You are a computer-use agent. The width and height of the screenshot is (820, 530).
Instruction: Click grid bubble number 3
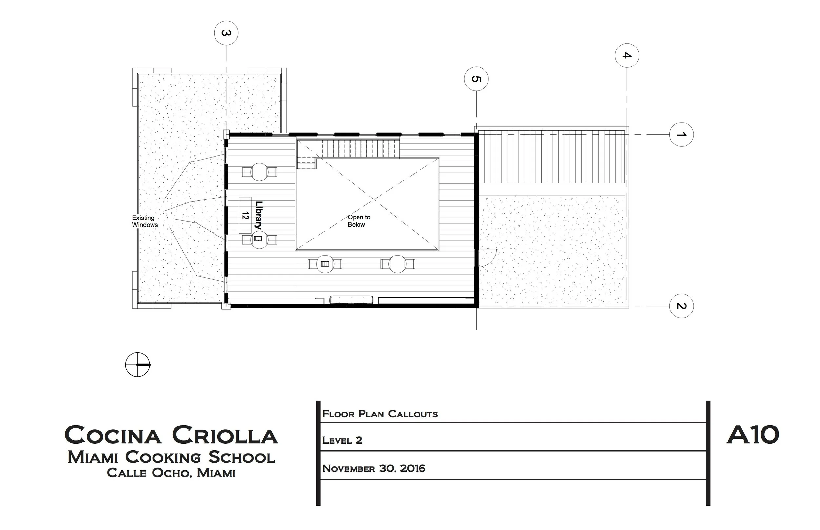[x=226, y=33]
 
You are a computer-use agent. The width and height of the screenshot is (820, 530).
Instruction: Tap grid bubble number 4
[x=627, y=55]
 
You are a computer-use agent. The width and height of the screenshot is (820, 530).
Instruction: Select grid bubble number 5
[x=476, y=79]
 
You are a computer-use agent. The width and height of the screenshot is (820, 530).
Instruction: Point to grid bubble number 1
[x=681, y=134]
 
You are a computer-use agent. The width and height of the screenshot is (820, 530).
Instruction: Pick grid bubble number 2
[x=681, y=306]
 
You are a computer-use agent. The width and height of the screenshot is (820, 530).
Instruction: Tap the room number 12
[x=245, y=216]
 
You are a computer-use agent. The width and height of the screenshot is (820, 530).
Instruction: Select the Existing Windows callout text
[x=145, y=221]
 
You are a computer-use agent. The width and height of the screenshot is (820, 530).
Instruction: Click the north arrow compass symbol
[x=137, y=365]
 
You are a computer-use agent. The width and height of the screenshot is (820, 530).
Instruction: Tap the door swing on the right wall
[x=486, y=257]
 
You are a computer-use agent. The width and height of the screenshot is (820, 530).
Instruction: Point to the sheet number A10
[x=752, y=434]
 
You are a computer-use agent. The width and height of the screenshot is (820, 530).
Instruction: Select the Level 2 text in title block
[x=342, y=440]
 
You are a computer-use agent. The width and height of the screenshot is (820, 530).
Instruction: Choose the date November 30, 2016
[x=374, y=468]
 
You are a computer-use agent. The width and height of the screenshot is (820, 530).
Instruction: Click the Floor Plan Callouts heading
[x=380, y=414]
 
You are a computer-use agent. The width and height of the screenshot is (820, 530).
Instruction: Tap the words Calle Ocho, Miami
[x=171, y=473]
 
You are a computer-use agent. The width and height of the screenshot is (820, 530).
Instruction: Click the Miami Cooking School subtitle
[x=171, y=457]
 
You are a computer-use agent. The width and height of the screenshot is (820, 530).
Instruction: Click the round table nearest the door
[x=398, y=264]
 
